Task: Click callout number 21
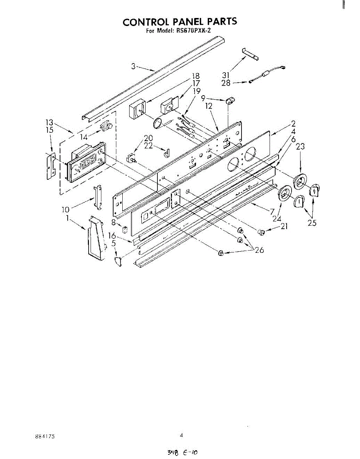(x=283, y=227)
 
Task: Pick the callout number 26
(x=260, y=251)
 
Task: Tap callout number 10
(x=66, y=209)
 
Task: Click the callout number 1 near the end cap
(x=67, y=218)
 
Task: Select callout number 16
(x=112, y=236)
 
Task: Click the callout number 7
(x=272, y=211)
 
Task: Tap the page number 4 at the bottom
(x=182, y=435)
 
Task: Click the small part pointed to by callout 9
(x=230, y=101)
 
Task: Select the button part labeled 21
(x=261, y=231)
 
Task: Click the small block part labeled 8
(x=124, y=230)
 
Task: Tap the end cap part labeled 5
(x=118, y=262)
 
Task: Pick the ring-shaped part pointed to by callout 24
(x=284, y=194)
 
